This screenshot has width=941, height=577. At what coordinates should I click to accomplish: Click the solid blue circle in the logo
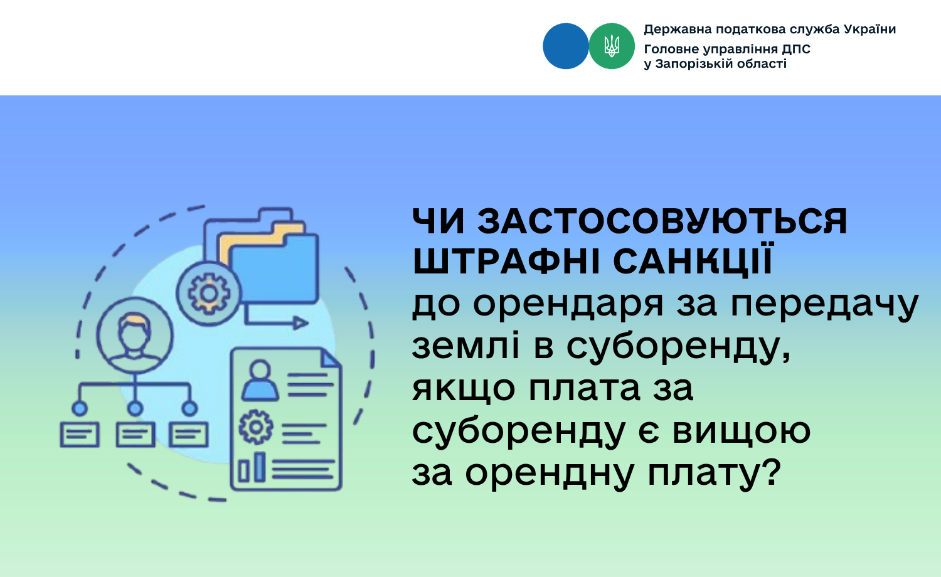[x=565, y=46]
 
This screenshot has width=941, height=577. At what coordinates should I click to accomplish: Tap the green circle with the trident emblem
[x=612, y=46]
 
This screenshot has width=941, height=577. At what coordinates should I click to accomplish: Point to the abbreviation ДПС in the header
[x=795, y=50]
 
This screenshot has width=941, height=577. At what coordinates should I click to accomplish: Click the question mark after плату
[x=772, y=471]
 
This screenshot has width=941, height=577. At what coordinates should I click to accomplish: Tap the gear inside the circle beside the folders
[x=209, y=293]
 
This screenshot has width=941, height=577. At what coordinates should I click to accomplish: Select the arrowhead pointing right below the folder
[x=301, y=322]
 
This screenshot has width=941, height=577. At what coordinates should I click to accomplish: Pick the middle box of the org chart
[x=136, y=434]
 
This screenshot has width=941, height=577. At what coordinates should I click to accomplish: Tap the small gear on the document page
[x=256, y=426]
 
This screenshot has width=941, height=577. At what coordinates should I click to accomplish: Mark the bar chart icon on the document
[x=252, y=467]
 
